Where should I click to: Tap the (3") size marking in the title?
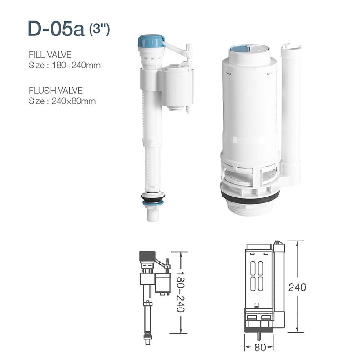tap(99, 30)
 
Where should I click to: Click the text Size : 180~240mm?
tap(64, 65)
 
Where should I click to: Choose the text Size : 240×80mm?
tap(62, 101)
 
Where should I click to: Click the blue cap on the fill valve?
tap(151, 41)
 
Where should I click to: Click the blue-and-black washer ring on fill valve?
tap(152, 198)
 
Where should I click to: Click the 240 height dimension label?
tap(297, 288)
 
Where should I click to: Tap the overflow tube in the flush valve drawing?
tap(279, 284)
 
